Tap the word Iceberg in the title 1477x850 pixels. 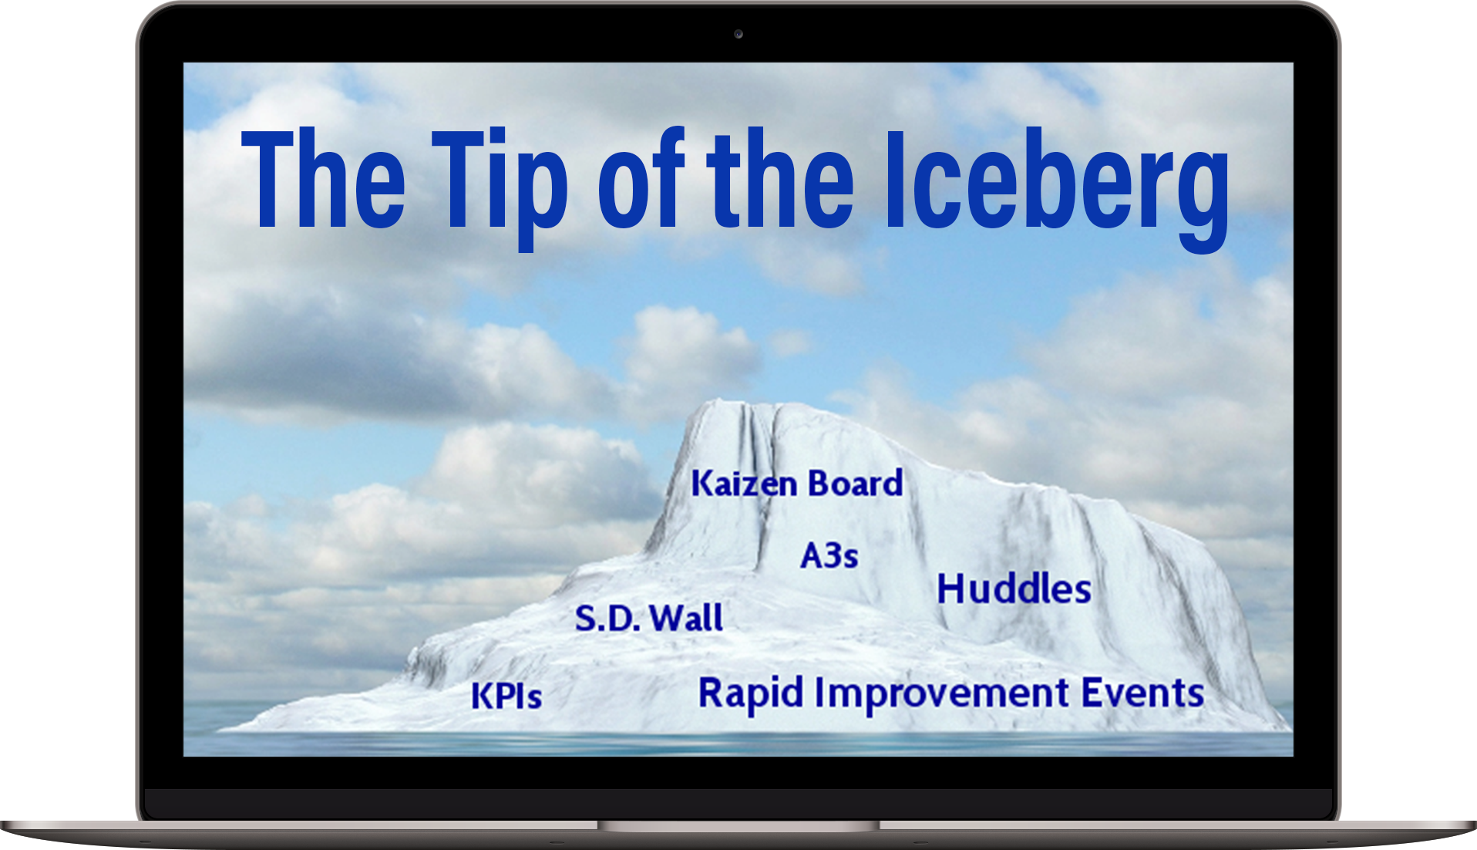pyautogui.click(x=1057, y=190)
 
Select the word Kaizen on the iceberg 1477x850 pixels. pyautogui.click(x=744, y=484)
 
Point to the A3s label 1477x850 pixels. pyautogui.click(x=829, y=555)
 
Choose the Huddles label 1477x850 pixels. pyautogui.click(x=1014, y=589)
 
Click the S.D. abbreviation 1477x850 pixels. pyautogui.click(x=607, y=618)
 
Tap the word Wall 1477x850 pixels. pyautogui.click(x=686, y=617)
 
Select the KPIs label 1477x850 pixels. pyautogui.click(x=506, y=696)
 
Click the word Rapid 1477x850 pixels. pyautogui.click(x=751, y=693)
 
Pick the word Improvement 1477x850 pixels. pyautogui.click(x=942, y=693)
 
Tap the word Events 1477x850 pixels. pyautogui.click(x=1142, y=692)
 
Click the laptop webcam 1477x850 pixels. pyautogui.click(x=738, y=34)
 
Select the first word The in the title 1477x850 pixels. pyautogui.click(x=323, y=178)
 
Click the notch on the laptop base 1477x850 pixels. pyautogui.click(x=738, y=826)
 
